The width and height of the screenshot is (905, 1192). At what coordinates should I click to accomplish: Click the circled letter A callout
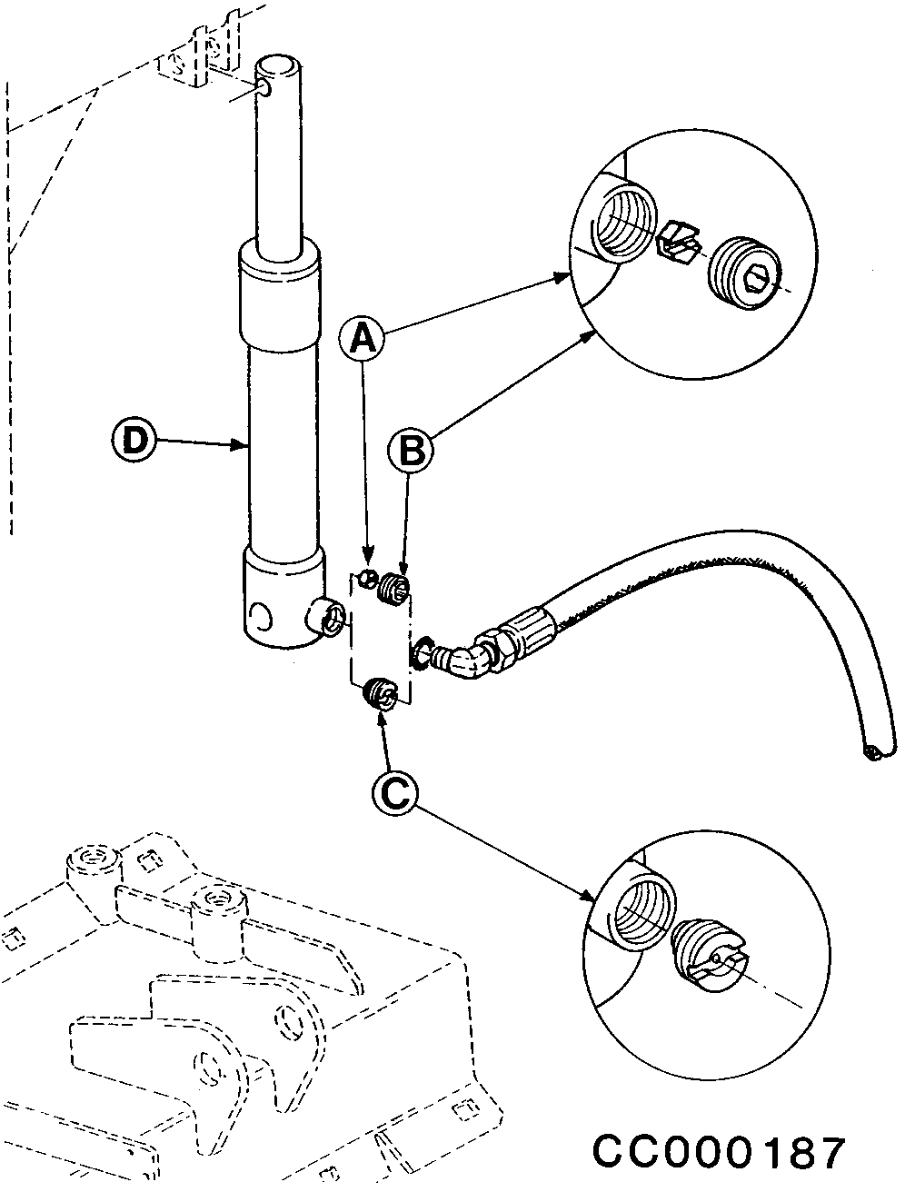point(362,338)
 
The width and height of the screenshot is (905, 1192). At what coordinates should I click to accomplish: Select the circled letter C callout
point(395,793)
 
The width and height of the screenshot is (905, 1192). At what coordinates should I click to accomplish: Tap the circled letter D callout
point(134,440)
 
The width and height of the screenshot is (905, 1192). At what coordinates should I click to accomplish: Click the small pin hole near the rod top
point(265,91)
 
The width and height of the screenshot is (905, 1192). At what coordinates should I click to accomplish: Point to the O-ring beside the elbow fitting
point(420,654)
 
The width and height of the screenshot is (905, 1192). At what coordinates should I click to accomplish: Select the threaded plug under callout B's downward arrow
point(394,588)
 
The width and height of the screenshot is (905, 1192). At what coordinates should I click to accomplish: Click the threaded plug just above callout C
point(381,694)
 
